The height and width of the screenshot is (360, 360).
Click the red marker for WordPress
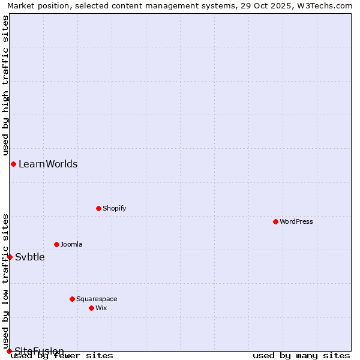[x=275, y=221]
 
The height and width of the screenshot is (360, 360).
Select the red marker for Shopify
[x=98, y=208]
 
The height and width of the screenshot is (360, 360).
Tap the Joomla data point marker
[x=56, y=244]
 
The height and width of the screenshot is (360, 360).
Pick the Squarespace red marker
[x=72, y=299]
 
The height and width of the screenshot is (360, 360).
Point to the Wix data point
[x=91, y=308]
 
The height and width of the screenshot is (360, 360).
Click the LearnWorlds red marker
[x=13, y=164]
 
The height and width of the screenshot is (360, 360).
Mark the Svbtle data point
[x=10, y=257]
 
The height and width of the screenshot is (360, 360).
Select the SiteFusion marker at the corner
[x=9, y=351]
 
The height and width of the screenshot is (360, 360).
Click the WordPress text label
[x=296, y=221]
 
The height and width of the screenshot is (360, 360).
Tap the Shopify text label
[x=114, y=208]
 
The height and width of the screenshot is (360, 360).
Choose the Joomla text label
[x=71, y=244]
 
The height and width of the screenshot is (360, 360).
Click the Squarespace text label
[x=97, y=299]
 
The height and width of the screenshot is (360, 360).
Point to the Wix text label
[x=101, y=308]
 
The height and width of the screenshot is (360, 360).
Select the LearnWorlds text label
[x=48, y=164]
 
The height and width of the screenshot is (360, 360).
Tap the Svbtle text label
[x=30, y=257]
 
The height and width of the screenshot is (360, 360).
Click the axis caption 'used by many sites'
[x=301, y=356]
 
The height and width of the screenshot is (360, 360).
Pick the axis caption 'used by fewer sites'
[x=62, y=356]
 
